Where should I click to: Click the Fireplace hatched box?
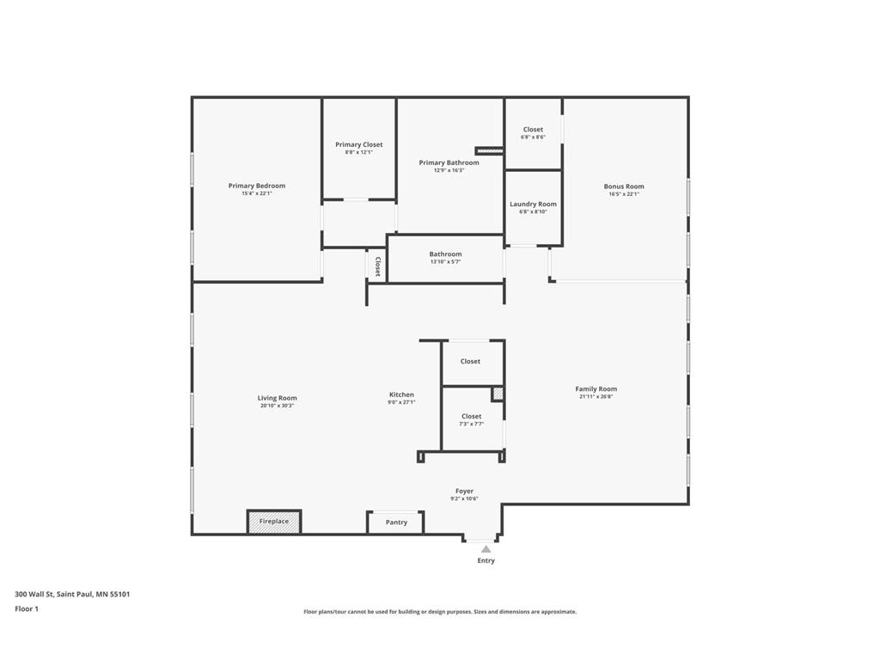click(x=274, y=522)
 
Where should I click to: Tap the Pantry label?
click(x=396, y=522)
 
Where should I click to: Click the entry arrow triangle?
click(x=486, y=549)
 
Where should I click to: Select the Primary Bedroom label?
click(x=256, y=186)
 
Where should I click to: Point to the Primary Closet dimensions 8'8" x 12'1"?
click(x=358, y=152)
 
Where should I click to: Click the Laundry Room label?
click(x=533, y=205)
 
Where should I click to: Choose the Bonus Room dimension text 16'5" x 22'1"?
click(x=624, y=194)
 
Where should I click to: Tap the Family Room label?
click(x=596, y=389)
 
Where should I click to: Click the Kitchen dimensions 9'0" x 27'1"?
click(x=401, y=402)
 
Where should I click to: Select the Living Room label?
click(x=278, y=399)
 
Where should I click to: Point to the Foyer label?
click(x=464, y=491)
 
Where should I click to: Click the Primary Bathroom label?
click(x=449, y=162)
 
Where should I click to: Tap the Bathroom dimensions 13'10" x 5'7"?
click(x=446, y=261)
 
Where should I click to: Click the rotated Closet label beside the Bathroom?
click(x=378, y=266)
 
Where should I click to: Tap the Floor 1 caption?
click(x=27, y=609)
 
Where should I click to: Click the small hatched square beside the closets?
click(x=498, y=394)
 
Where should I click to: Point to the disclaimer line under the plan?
click(x=440, y=612)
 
